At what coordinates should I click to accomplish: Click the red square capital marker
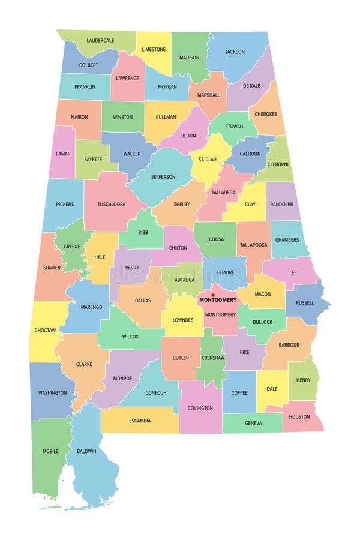click(213, 295)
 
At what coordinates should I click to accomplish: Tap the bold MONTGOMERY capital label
click(218, 300)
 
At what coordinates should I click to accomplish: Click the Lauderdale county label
click(100, 40)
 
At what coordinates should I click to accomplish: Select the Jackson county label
click(235, 52)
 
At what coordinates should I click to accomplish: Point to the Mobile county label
click(50, 451)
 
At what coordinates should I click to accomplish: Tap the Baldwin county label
click(86, 451)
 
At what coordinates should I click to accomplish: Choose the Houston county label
click(299, 416)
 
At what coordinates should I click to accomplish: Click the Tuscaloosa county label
click(112, 204)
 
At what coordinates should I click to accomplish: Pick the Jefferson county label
click(163, 177)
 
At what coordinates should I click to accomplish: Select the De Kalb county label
click(252, 86)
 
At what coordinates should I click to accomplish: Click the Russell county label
click(305, 302)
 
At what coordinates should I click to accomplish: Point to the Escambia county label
click(140, 421)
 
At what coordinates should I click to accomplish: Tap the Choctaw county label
click(46, 330)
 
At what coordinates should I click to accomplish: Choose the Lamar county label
click(63, 154)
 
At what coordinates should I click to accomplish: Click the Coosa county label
click(216, 239)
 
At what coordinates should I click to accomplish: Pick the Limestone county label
click(154, 49)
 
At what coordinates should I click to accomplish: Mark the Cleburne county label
click(278, 164)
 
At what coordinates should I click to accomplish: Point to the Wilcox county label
click(130, 337)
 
